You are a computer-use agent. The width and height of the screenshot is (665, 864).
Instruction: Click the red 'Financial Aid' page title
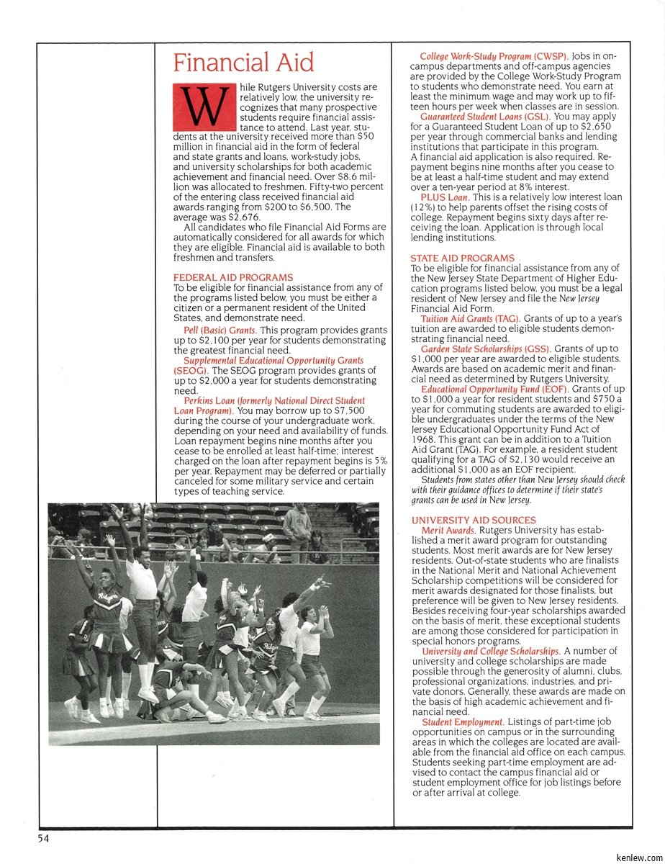point(243,63)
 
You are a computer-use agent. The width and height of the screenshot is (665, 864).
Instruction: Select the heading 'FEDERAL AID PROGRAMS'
point(233,277)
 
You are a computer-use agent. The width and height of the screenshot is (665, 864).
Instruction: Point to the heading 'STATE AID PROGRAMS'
point(463,258)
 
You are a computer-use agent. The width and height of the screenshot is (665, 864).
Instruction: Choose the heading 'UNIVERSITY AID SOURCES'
point(474,520)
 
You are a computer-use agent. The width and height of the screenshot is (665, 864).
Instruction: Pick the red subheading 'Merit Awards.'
point(448,531)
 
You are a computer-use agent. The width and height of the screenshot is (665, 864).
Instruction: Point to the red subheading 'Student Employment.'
point(462,722)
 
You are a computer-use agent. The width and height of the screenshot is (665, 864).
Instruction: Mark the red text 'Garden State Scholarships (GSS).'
point(486,349)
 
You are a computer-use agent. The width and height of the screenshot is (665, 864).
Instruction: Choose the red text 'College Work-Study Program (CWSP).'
point(494,55)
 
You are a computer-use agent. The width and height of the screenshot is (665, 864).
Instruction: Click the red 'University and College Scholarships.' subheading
point(491,652)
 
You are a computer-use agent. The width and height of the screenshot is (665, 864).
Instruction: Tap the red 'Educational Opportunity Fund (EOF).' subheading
point(494,390)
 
